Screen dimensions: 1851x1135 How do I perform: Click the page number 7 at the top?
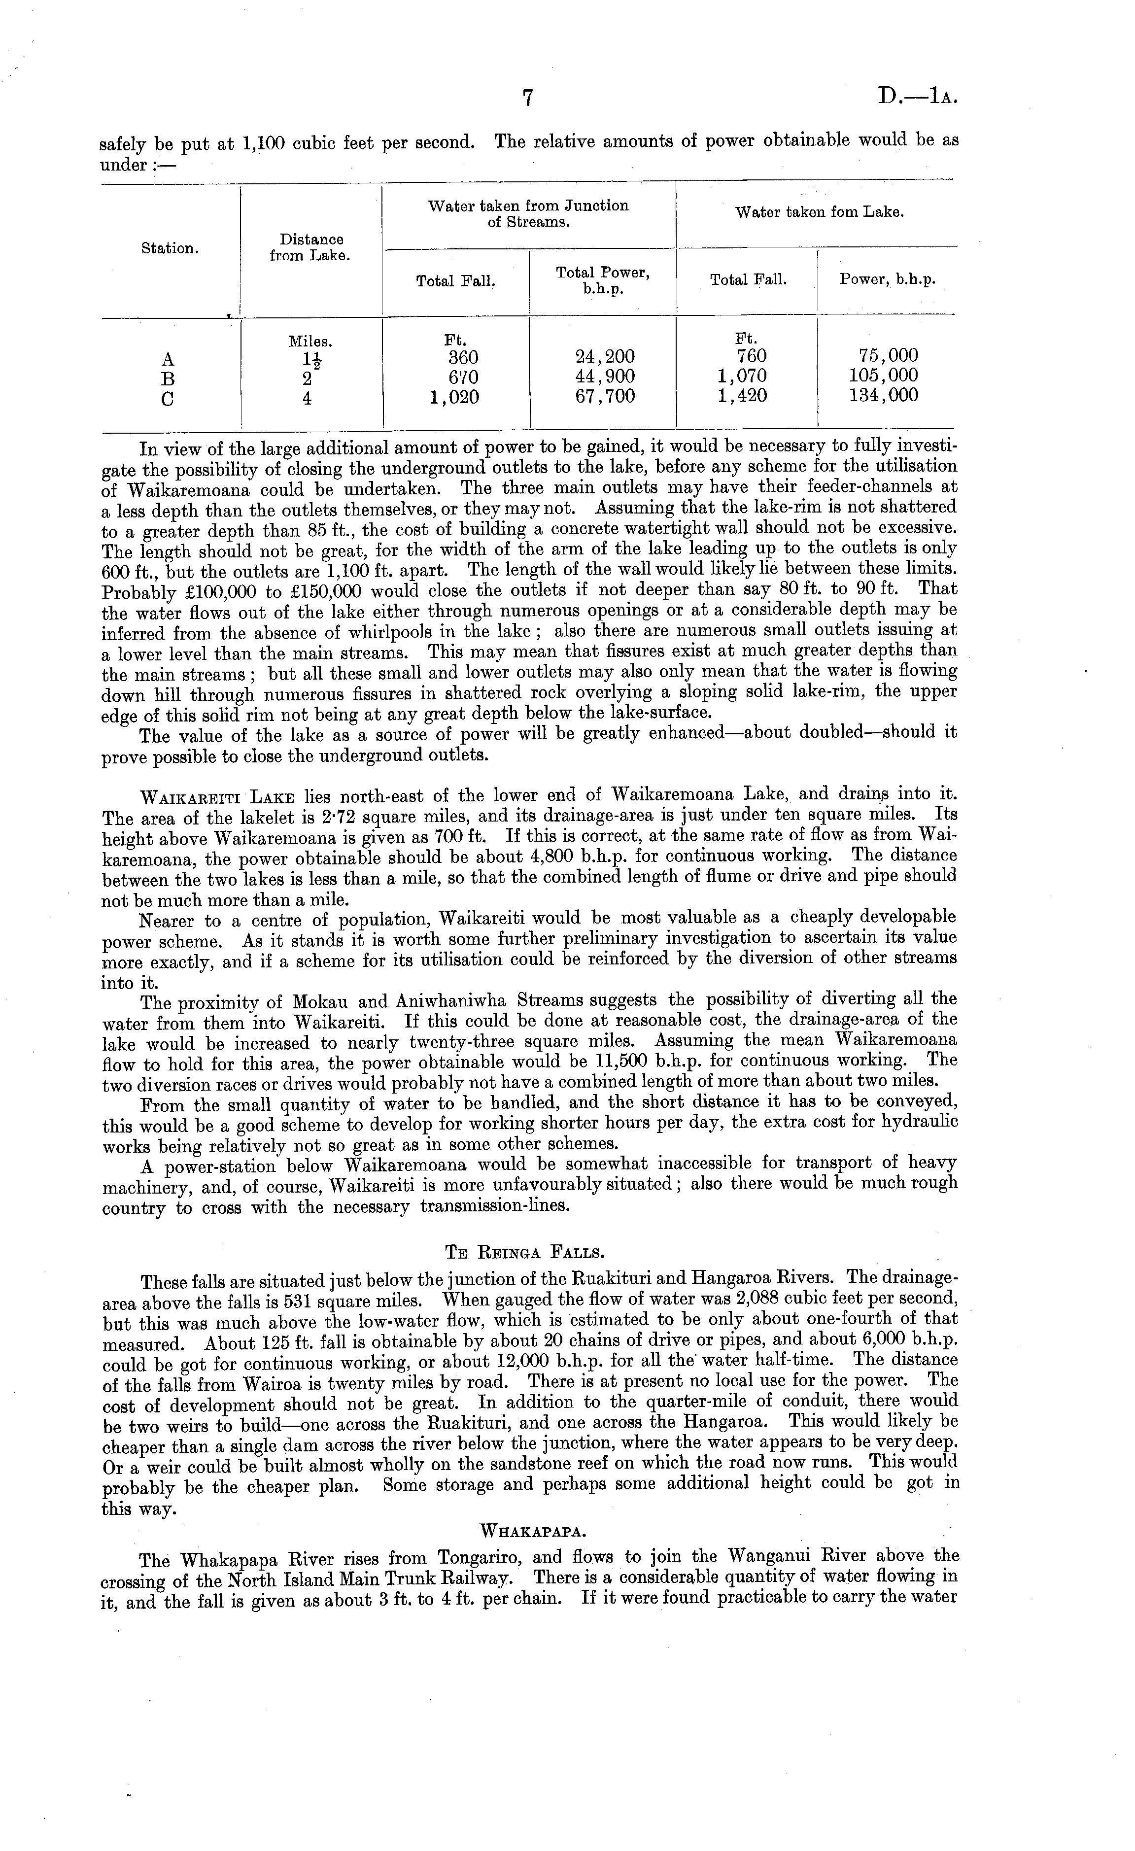coord(527,99)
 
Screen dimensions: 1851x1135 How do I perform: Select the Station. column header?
coord(170,249)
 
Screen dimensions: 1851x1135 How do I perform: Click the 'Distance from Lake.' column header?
coord(311,247)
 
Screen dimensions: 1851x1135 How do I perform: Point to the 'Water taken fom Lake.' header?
coord(819,212)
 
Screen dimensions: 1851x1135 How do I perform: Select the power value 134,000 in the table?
coord(883,396)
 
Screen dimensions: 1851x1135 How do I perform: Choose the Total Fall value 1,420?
coord(742,396)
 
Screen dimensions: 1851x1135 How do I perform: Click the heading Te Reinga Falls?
coord(525,1252)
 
